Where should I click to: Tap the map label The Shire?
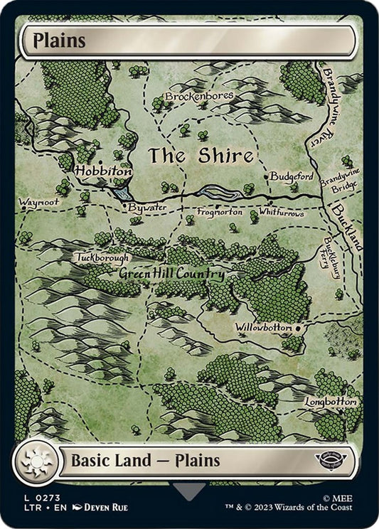point(201,154)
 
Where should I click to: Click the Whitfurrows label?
point(282,213)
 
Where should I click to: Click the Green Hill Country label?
point(171,274)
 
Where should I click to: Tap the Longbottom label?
point(330,401)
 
